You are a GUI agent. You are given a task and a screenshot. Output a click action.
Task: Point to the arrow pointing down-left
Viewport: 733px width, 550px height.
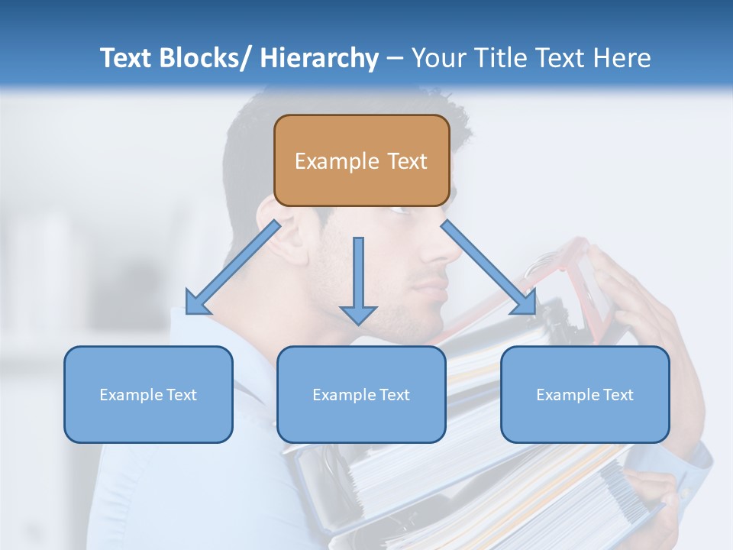tap(233, 267)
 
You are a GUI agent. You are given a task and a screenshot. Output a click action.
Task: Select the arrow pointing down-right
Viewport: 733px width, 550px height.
tap(489, 267)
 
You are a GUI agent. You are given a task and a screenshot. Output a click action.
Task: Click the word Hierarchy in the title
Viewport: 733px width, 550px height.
tap(319, 58)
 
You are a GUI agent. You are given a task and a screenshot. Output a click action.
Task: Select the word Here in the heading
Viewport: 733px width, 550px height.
tap(622, 58)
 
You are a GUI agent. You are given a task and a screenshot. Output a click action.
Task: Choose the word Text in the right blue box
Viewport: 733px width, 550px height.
tap(618, 395)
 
